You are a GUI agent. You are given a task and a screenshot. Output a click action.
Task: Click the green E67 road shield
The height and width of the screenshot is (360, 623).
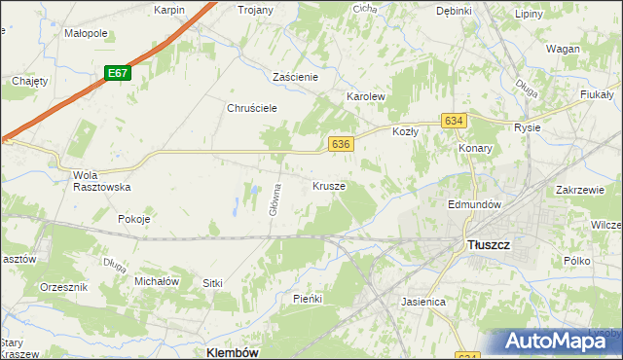click(x=117, y=73)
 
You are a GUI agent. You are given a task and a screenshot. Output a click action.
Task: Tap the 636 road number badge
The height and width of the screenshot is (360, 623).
click(x=340, y=143)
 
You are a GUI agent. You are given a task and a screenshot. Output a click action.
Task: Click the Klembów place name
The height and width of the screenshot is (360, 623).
click(x=234, y=352)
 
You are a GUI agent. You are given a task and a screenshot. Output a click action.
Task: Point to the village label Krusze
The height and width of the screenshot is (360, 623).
click(x=329, y=185)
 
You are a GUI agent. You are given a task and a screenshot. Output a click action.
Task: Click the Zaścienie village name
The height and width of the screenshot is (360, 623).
click(x=304, y=76)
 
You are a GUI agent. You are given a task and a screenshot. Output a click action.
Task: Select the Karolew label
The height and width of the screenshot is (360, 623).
click(x=367, y=98)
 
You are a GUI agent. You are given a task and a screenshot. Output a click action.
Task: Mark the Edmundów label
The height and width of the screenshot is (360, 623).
click(x=473, y=205)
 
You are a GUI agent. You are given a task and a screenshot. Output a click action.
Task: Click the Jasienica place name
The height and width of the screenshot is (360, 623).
click(x=423, y=302)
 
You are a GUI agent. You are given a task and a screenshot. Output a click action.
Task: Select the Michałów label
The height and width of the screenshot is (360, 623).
click(x=157, y=280)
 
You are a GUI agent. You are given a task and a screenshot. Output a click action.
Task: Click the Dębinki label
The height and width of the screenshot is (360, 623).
click(x=454, y=11)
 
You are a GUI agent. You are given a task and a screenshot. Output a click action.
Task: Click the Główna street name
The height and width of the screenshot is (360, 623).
click(x=276, y=198)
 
